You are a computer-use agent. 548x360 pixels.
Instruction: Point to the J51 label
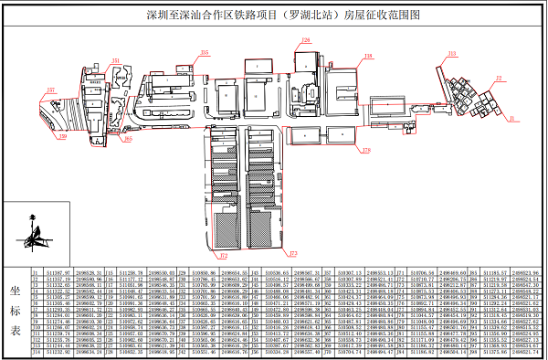pos(116,60)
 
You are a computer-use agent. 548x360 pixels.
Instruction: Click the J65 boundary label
pos(128,139)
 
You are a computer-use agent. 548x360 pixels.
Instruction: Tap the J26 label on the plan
pos(305,40)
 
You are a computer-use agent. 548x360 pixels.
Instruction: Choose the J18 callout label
pos(368,56)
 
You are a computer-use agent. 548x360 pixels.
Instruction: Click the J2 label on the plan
pos(499,78)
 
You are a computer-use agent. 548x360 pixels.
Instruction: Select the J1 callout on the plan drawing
pos(512,118)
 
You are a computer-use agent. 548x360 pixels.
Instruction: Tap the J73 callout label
pos(292,252)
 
